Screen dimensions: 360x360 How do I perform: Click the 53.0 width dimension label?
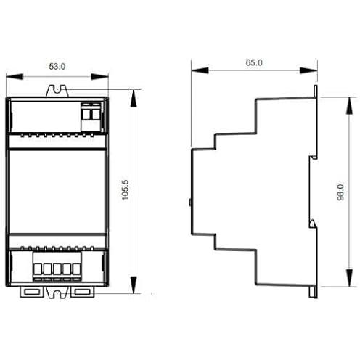[57, 67]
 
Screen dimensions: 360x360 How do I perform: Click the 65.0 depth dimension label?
[254, 62]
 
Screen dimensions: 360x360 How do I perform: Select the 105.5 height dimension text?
[126, 190]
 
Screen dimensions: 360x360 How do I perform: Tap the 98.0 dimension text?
[340, 192]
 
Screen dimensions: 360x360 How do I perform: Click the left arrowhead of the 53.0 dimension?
[15, 77]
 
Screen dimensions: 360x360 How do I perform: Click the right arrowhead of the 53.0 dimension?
[99, 77]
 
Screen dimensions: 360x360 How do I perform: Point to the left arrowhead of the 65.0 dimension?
[200, 70]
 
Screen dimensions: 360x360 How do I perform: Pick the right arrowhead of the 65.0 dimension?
[308, 70]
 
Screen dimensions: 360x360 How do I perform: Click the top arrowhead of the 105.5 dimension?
[134, 99]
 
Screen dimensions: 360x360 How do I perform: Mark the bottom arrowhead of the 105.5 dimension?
[134, 285]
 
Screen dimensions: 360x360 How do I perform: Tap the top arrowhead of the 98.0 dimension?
[349, 106]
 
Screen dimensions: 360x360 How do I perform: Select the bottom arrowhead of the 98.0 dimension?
[349, 278]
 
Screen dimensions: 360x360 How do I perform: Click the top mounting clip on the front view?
[57, 91]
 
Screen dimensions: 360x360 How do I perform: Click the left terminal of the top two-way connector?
[86, 112]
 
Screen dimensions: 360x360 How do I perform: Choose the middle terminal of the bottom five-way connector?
[57, 269]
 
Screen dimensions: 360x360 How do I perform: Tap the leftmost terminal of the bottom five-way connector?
[38, 269]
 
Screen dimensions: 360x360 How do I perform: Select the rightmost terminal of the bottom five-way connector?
[76, 269]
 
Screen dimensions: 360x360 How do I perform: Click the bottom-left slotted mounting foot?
[32, 292]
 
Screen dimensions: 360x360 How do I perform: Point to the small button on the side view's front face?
[190, 202]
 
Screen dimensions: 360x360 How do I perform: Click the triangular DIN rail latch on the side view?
[313, 224]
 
